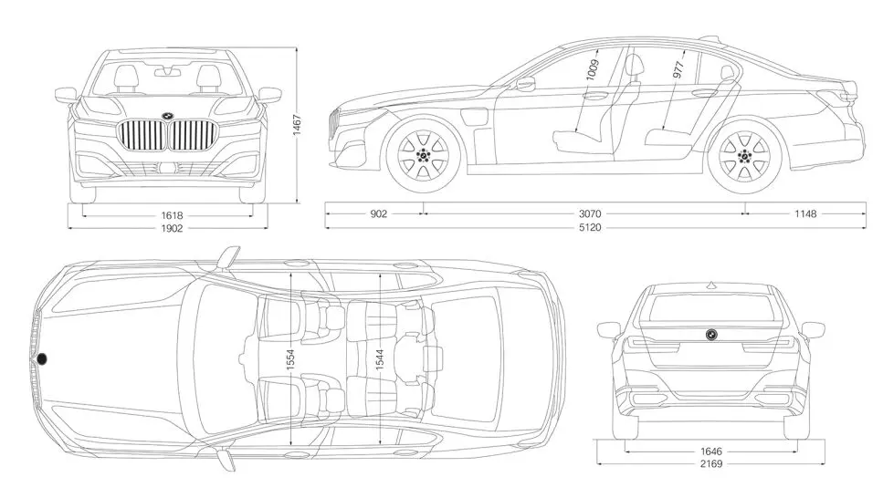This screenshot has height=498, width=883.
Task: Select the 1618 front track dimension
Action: (x=172, y=215)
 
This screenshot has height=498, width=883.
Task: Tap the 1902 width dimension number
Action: (x=172, y=228)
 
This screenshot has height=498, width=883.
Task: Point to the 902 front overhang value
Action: (x=379, y=214)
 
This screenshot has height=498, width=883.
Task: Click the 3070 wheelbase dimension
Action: (x=590, y=214)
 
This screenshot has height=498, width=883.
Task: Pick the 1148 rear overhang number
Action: (x=804, y=214)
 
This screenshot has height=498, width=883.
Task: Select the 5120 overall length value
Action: (x=590, y=227)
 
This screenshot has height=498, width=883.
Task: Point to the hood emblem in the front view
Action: (x=167, y=115)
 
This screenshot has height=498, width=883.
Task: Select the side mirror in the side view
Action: (x=525, y=85)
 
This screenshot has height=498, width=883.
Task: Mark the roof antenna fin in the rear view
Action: (x=709, y=282)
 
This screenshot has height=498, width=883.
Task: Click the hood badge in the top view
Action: (x=41, y=358)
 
